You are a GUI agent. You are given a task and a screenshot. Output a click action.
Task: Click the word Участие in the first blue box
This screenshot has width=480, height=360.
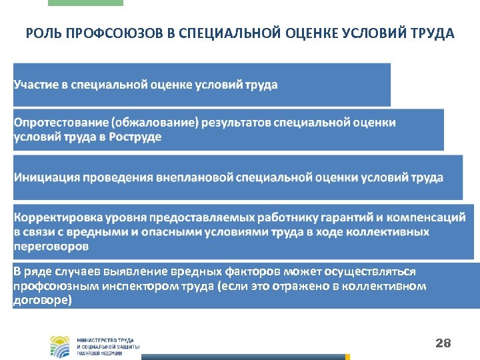tap(37, 85)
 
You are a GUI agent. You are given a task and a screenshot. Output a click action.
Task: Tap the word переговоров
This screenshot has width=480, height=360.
tap(51, 246)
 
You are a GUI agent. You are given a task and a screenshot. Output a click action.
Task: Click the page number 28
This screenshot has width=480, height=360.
tap(443, 343)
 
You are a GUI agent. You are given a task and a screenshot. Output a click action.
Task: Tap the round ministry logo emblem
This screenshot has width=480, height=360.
tap(59, 345)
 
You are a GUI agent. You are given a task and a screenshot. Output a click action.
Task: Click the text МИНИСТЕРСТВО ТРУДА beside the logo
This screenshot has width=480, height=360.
tap(107, 340)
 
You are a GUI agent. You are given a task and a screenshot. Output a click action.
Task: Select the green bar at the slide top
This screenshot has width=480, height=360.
tap(85, 3)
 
